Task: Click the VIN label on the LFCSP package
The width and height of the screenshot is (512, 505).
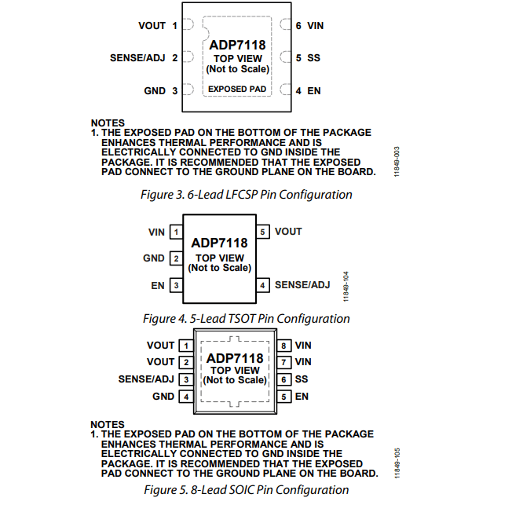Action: point(315,26)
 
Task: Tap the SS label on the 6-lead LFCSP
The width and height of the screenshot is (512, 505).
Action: point(313,58)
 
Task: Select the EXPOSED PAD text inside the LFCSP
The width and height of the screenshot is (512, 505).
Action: point(237,90)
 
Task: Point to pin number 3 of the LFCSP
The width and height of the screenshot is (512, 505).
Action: point(175,91)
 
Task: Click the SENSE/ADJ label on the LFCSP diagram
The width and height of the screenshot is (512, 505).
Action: point(137,58)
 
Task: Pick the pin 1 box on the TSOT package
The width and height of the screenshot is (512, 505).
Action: point(177,232)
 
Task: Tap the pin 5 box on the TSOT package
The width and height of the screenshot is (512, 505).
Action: point(263,232)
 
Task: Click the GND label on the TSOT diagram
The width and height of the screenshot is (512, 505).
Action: point(153,258)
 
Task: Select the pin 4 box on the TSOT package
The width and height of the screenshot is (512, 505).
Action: point(263,285)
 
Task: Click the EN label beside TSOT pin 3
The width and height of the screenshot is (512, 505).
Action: point(157,286)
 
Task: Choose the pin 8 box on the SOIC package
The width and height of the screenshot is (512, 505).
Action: point(283,346)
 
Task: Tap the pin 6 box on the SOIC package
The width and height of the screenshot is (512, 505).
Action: point(283,379)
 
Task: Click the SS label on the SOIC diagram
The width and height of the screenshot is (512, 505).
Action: point(301,379)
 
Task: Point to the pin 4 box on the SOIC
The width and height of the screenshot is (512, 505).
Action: point(186,397)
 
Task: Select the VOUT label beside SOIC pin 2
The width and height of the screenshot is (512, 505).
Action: point(160,362)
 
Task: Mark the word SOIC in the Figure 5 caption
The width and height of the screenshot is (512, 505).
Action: point(242,490)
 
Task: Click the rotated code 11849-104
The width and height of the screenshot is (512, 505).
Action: point(346,287)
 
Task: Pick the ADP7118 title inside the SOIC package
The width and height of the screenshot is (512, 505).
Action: point(235,358)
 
